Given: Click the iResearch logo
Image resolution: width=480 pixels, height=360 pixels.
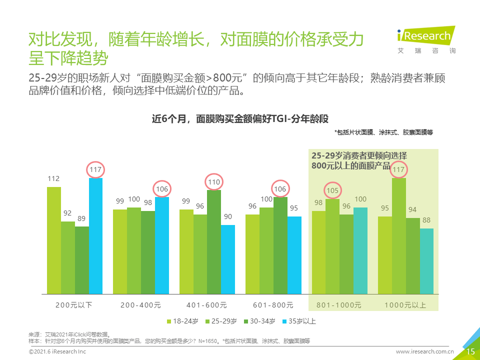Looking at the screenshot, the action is click(426, 40).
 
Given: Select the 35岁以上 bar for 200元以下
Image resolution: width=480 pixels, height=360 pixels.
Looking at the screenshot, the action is click(96, 236).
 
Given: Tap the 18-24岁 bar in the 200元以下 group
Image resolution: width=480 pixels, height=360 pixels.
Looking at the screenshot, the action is click(54, 240).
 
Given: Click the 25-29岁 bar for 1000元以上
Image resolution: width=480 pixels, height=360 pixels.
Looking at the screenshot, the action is click(399, 236).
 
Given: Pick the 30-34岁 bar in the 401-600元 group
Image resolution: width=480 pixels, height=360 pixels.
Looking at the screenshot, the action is click(214, 242).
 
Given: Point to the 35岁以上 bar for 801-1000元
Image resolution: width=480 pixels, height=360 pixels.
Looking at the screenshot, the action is click(360, 251).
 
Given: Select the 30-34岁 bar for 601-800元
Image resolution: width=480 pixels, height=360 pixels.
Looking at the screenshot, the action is click(280, 245).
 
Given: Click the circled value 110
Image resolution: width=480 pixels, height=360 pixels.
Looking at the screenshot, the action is click(214, 182).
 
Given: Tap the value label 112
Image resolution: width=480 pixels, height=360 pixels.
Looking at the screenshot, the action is click(53, 178).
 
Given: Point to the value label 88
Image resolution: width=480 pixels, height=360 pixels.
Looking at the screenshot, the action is click(426, 220).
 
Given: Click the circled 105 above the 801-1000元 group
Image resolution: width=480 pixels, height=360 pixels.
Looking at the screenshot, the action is click(332, 190).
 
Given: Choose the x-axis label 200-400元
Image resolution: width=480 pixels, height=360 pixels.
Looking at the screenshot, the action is click(140, 305).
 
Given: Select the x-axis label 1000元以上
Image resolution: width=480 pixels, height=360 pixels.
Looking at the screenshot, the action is click(405, 305).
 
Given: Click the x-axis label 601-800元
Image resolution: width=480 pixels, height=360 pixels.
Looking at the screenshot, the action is click(273, 305).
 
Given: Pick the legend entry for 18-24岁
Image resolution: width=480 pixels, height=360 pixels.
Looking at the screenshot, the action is click(182, 321).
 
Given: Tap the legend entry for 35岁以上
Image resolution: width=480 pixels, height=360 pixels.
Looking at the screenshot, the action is click(299, 321).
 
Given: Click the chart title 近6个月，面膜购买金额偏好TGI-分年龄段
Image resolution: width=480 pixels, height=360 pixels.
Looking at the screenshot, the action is click(240, 119).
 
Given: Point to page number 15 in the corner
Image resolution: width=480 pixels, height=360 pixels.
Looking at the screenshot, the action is click(470, 351).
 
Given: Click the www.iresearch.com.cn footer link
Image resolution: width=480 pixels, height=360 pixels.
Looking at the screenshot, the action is click(424, 351).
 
